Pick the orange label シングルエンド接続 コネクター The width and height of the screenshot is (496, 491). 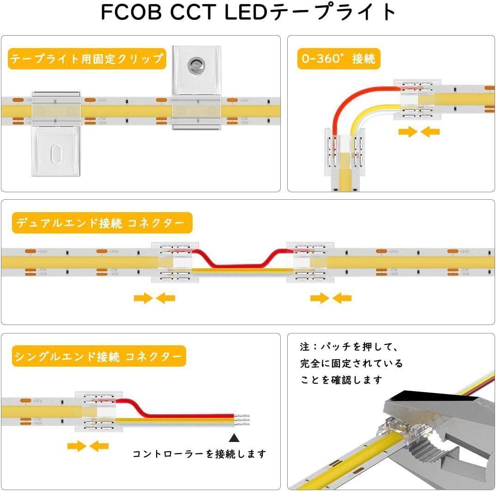[98, 357]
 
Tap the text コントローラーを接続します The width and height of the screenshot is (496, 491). [200, 454]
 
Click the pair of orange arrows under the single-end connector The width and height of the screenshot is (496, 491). [88, 446]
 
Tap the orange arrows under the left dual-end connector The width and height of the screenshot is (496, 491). [154, 298]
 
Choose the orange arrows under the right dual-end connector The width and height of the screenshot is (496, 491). [331, 298]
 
